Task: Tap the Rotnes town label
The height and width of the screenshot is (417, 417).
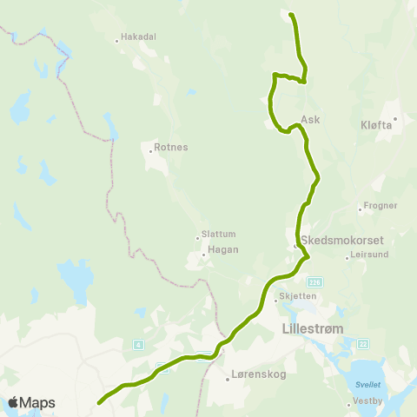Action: (x=170, y=147)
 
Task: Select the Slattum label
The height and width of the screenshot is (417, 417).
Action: (x=218, y=233)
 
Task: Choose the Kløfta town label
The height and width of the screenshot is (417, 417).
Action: (x=376, y=125)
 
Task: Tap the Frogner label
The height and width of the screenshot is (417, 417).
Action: (x=381, y=206)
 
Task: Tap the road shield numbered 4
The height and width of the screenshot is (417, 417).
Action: (x=138, y=345)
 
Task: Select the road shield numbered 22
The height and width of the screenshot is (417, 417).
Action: (x=363, y=344)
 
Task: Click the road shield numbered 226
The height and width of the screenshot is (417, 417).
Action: (x=314, y=281)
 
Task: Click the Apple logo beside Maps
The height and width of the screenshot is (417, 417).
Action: (x=14, y=402)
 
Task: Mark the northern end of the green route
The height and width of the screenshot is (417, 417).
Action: (x=290, y=15)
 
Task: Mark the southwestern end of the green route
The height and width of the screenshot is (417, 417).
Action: (x=99, y=402)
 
